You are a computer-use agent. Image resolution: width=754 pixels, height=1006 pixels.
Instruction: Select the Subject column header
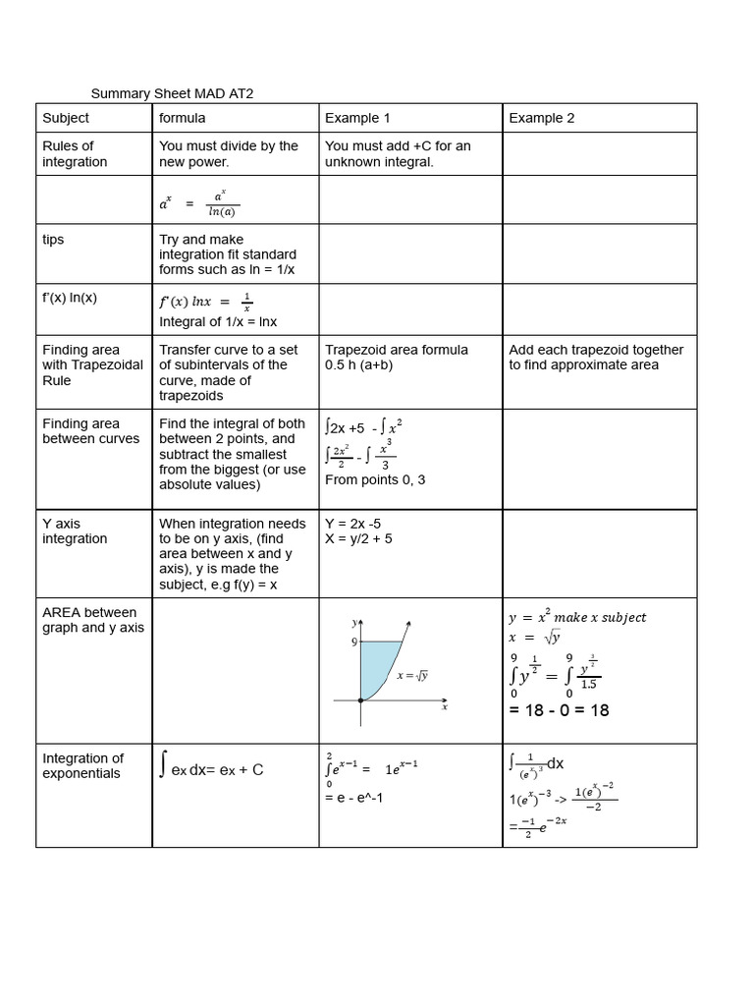[66, 118]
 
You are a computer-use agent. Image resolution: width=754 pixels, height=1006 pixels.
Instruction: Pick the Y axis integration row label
[75, 531]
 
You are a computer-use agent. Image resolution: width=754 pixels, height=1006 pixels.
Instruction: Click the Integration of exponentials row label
[82, 765]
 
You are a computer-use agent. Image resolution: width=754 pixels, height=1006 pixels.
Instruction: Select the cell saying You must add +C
[398, 153]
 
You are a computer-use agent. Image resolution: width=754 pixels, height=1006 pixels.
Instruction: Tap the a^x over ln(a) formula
[199, 203]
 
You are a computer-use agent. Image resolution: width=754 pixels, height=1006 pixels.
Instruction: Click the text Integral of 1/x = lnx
[218, 321]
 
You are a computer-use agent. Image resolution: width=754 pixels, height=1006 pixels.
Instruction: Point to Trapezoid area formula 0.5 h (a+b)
[397, 357]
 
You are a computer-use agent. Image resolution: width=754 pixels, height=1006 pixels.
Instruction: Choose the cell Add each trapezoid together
[596, 357]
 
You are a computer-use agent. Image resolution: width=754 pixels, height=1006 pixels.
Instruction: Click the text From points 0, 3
[374, 480]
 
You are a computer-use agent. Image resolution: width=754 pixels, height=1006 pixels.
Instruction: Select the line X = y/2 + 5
[358, 538]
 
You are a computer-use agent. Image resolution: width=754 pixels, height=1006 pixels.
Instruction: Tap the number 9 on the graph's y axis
[352, 643]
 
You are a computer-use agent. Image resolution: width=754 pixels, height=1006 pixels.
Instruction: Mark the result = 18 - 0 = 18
[559, 709]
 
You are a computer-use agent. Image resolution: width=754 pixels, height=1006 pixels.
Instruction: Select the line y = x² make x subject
[577, 617]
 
